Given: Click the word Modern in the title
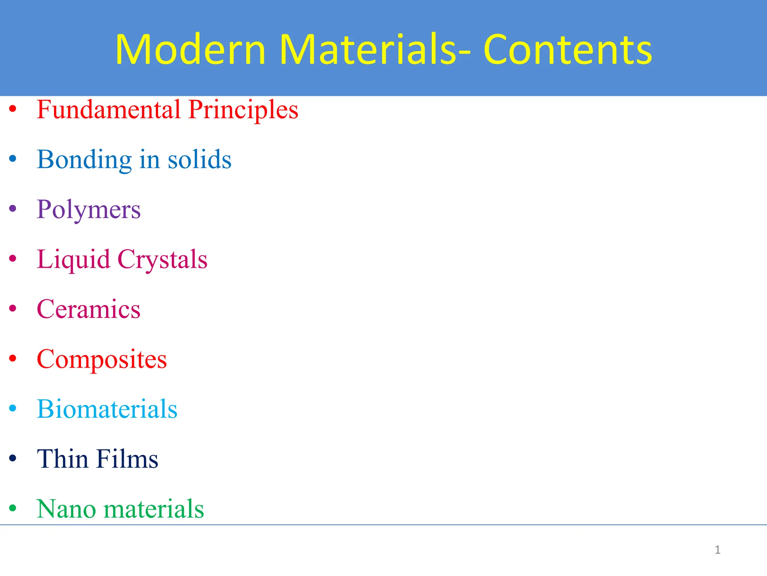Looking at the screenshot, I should point(190,49).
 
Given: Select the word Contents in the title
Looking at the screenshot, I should point(568,49).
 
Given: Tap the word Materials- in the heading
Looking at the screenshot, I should point(375,49).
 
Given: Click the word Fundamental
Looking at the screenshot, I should point(109,109).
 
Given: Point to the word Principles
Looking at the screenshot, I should point(243,110).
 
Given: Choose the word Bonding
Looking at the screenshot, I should point(84,160).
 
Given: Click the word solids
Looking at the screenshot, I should point(199,159).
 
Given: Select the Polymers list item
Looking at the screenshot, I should point(89,210).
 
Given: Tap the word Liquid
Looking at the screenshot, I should point(73,259).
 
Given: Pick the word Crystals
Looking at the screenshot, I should point(162,259).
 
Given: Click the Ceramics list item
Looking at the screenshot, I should point(89,309).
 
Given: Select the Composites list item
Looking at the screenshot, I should point(102,360).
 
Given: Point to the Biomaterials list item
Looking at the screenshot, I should point(107,409).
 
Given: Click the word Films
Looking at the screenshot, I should point(127,459).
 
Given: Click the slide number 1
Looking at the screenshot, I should point(717,550).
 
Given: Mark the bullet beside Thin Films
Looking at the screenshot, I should point(13,458).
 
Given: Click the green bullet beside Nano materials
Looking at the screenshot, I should point(13,508).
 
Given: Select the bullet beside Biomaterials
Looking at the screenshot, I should point(13,408).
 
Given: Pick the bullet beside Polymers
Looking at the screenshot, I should point(13,208).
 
